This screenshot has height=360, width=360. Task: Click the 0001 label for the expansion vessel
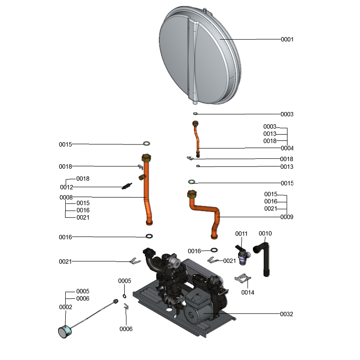pyautogui.click(x=287, y=40)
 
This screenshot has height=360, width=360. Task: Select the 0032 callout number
pyautogui.click(x=287, y=314)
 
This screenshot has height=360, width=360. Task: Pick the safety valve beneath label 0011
pyautogui.click(x=242, y=255)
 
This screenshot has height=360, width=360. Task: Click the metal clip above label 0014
pyautogui.click(x=243, y=279)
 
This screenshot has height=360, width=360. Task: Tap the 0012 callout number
pyautogui.click(x=66, y=187)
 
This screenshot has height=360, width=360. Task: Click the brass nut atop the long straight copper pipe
pyautogui.click(x=146, y=158)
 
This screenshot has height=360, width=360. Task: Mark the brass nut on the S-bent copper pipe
pyautogui.click(x=191, y=196)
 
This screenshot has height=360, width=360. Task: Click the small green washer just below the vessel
pyautogui.click(x=195, y=114)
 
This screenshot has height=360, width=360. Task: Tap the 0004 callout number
pyautogui.click(x=287, y=148)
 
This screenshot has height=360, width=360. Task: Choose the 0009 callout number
pyautogui.click(x=287, y=217)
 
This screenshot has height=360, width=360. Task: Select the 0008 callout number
pyautogui.click(x=66, y=197)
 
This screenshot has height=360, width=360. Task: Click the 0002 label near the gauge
pyautogui.click(x=66, y=307)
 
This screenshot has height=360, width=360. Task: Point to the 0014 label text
pyautogui.click(x=247, y=292)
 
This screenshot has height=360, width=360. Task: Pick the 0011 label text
pyautogui.click(x=242, y=234)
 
